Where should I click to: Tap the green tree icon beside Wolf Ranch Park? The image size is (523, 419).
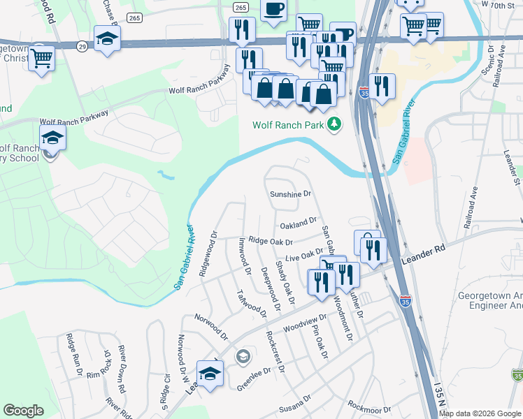click(336, 124)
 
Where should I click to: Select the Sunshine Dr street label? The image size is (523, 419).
click(289, 194)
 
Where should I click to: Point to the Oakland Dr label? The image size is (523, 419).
click(298, 224)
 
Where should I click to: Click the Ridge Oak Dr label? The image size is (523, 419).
click(270, 241)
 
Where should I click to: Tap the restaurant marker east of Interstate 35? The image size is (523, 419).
click(382, 86)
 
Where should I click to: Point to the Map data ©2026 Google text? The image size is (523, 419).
click(480, 413)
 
